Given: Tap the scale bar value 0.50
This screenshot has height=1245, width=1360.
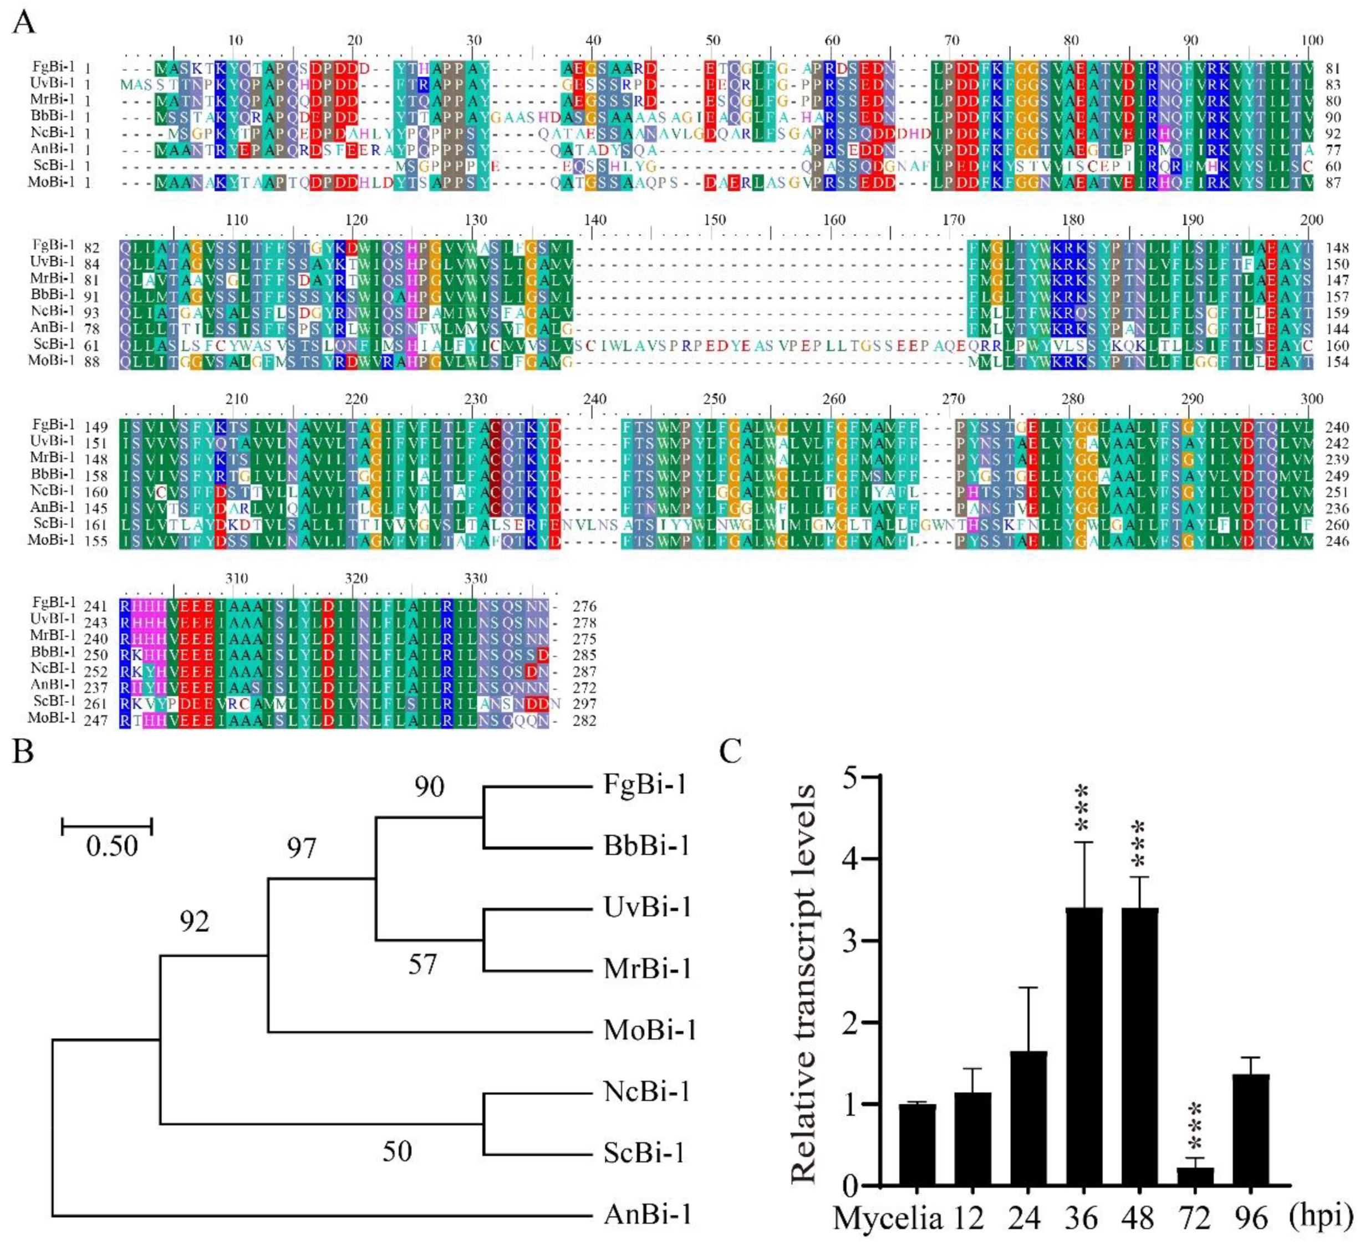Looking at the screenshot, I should click(112, 846).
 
